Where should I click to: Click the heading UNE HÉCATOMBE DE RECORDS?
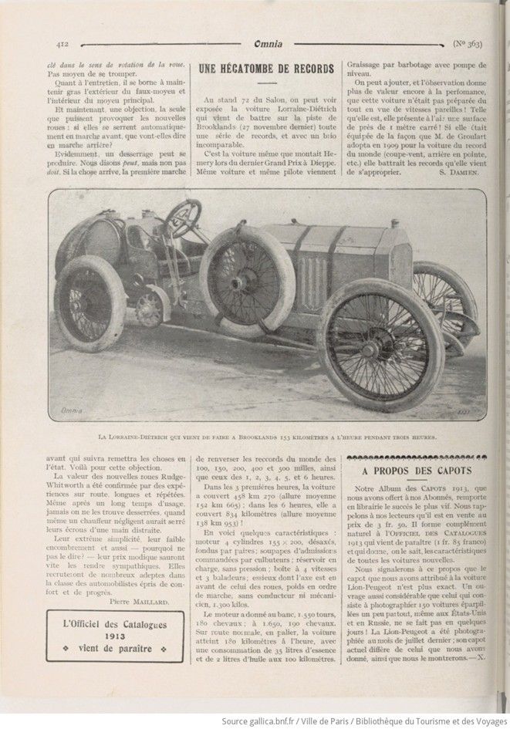pos(267,69)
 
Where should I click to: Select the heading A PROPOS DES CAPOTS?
pos(417,471)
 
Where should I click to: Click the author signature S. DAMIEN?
pos(460,174)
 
